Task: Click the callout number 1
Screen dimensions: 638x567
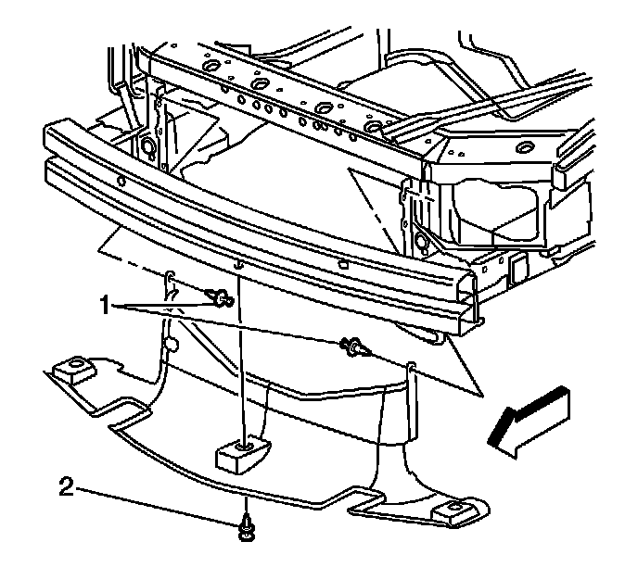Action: [x=108, y=305]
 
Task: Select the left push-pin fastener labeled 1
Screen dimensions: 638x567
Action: [x=221, y=297]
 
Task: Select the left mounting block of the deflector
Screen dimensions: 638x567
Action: [x=71, y=372]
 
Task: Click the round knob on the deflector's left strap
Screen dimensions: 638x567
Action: [x=171, y=345]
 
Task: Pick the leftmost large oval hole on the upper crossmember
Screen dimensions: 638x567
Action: [x=208, y=69]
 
